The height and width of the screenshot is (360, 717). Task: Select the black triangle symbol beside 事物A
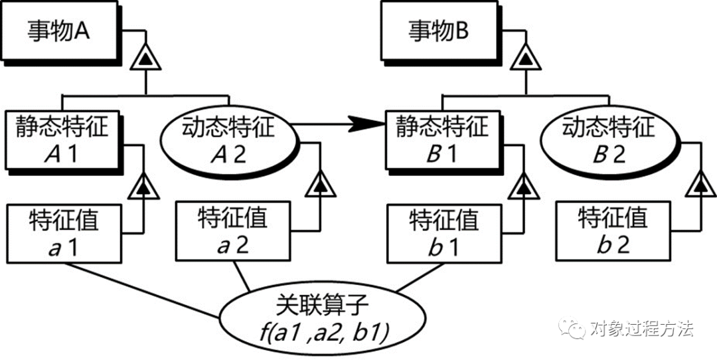(144, 60)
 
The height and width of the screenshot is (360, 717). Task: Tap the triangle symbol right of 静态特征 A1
(144, 188)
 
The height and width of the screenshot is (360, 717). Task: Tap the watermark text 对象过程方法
(641, 327)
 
